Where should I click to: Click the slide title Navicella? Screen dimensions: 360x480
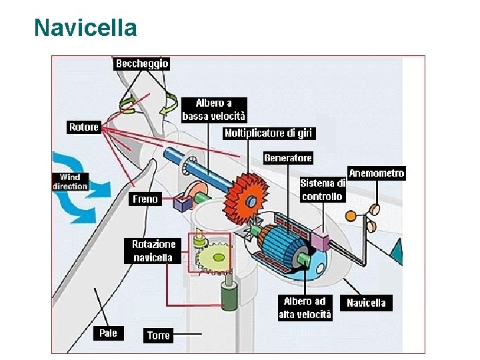[85, 28]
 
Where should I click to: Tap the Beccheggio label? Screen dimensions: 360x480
[142, 63]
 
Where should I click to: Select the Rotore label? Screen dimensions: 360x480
[84, 127]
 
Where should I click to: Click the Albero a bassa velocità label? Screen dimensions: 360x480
[214, 110]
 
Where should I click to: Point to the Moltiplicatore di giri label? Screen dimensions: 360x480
[268, 133]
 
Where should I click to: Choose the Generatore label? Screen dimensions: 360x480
[288, 158]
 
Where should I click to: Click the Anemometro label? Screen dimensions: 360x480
[377, 173]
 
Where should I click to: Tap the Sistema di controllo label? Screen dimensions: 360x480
[322, 189]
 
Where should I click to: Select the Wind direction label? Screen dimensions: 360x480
[70, 181]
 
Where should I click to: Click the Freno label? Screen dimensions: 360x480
[145, 199]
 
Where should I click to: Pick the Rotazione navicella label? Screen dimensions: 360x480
[154, 251]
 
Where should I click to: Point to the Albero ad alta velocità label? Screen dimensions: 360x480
[305, 308]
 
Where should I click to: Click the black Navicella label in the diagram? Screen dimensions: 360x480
[366, 303]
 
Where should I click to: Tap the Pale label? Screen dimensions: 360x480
[108, 332]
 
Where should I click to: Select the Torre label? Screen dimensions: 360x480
[158, 335]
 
